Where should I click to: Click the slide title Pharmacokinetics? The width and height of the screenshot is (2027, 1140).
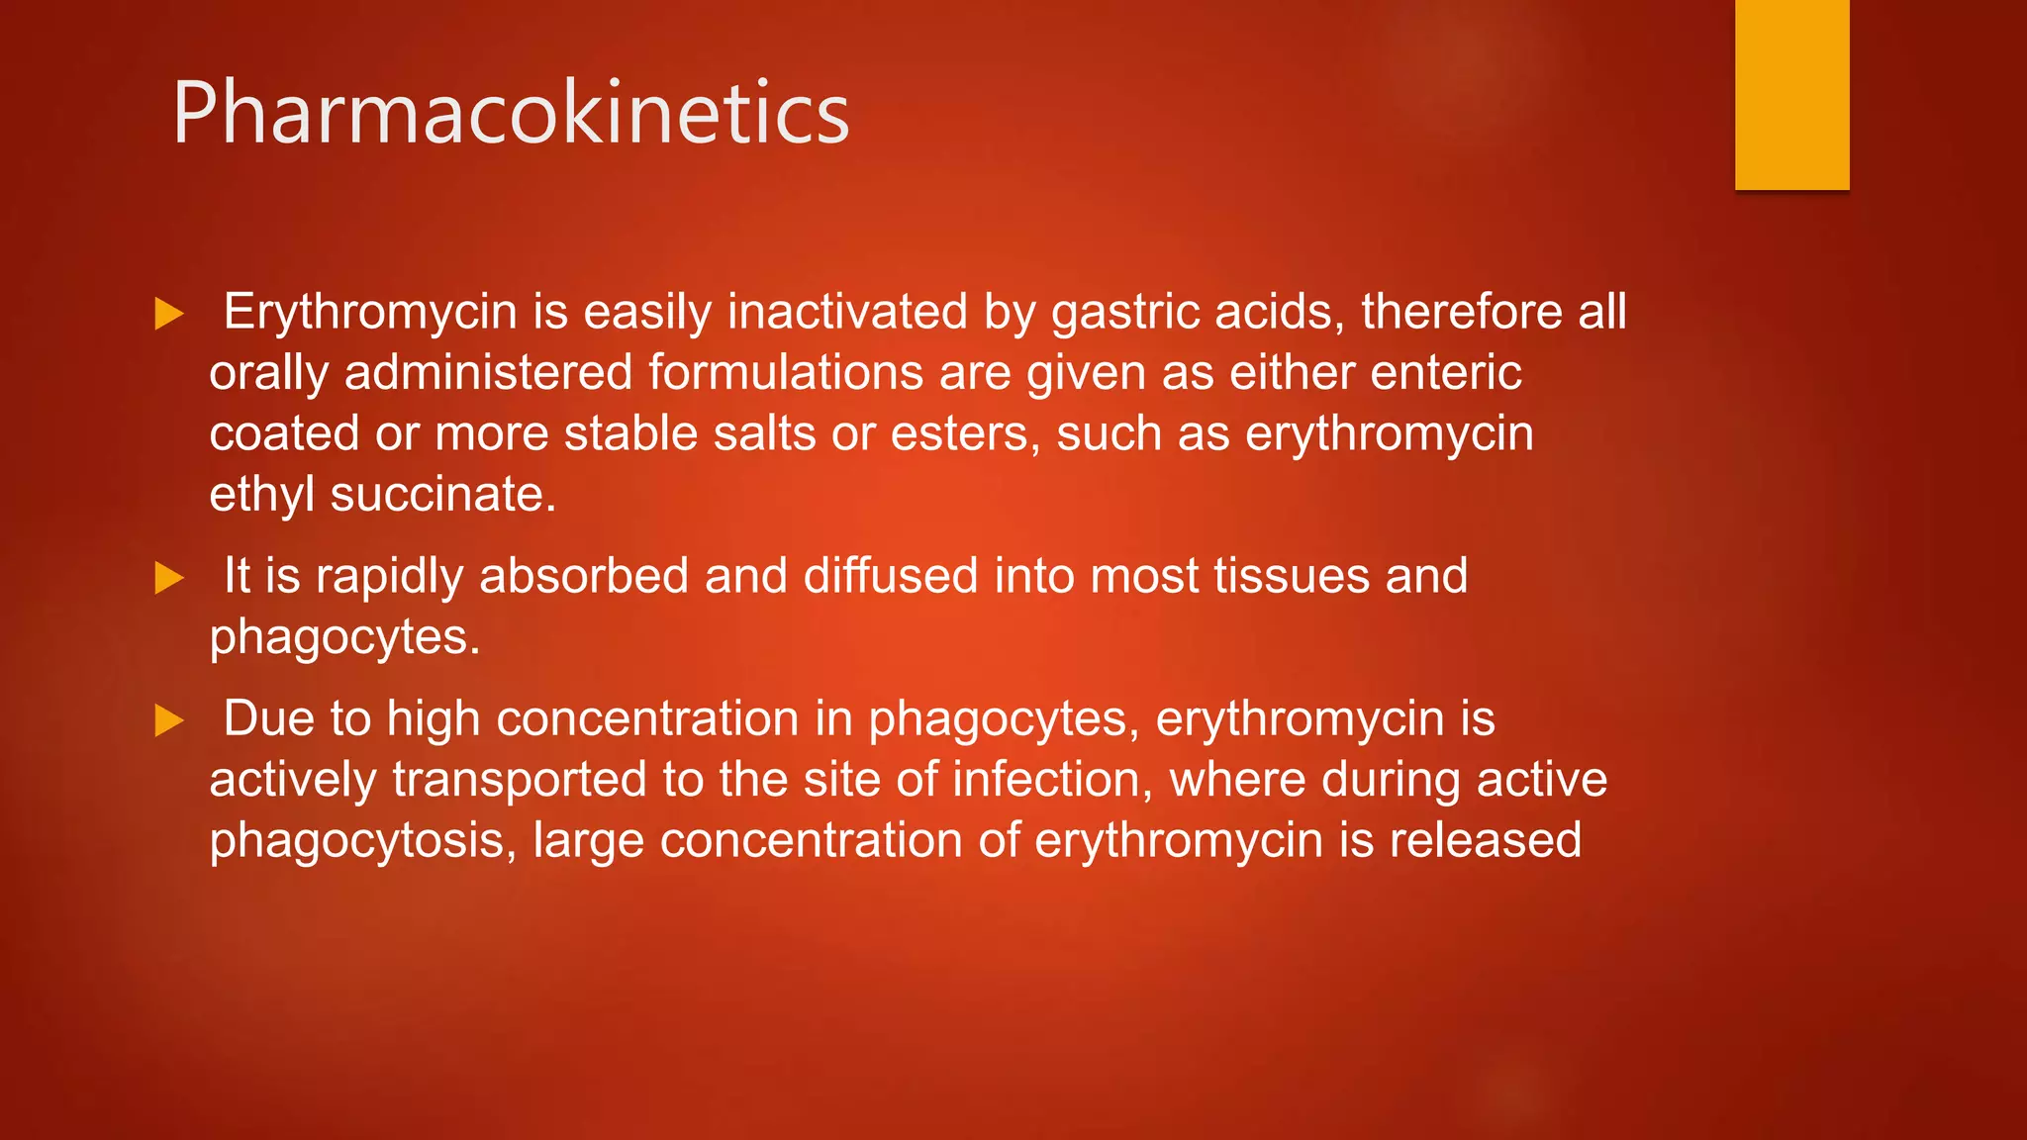[x=511, y=114]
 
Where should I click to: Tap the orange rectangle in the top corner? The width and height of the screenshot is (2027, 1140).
[x=1791, y=94]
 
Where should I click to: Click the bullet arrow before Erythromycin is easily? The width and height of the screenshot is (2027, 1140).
[x=169, y=315]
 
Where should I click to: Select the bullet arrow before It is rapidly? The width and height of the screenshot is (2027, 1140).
[x=169, y=578]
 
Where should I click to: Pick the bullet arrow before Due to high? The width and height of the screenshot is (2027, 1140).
[x=169, y=720]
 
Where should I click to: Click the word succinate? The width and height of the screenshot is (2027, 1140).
[x=442, y=495]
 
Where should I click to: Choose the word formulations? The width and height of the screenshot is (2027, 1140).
[x=786, y=373]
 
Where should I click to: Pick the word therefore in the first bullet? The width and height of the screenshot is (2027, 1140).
[x=1462, y=313]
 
